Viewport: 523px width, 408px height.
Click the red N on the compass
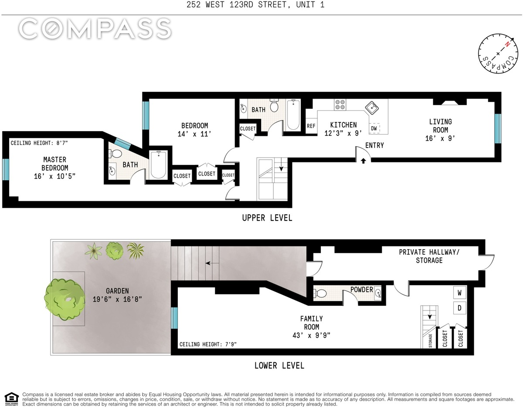click(x=507, y=44)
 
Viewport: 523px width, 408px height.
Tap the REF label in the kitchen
click(x=311, y=126)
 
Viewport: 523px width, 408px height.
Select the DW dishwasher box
click(x=374, y=128)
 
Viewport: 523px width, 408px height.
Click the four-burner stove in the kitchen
click(x=340, y=105)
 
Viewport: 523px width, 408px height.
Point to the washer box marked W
click(x=459, y=293)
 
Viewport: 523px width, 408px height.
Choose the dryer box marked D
click(x=459, y=308)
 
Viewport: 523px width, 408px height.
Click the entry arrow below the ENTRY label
click(x=363, y=161)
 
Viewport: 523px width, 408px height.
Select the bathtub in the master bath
click(x=158, y=165)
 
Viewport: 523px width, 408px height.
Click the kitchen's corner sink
click(x=372, y=108)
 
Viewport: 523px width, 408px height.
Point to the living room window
click(x=498, y=128)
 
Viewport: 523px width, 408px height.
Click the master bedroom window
click(x=6, y=169)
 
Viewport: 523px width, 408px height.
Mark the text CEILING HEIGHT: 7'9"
click(x=208, y=344)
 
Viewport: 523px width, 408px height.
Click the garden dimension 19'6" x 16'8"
click(x=117, y=299)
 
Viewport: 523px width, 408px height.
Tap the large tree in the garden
click(x=65, y=299)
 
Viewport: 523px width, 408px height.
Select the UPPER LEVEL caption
click(x=267, y=218)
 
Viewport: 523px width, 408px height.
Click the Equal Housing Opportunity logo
click(x=12, y=399)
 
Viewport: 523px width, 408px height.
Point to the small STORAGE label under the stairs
click(x=430, y=341)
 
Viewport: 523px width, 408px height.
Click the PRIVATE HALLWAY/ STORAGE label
click(x=429, y=256)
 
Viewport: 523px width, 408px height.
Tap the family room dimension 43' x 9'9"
click(x=312, y=335)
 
